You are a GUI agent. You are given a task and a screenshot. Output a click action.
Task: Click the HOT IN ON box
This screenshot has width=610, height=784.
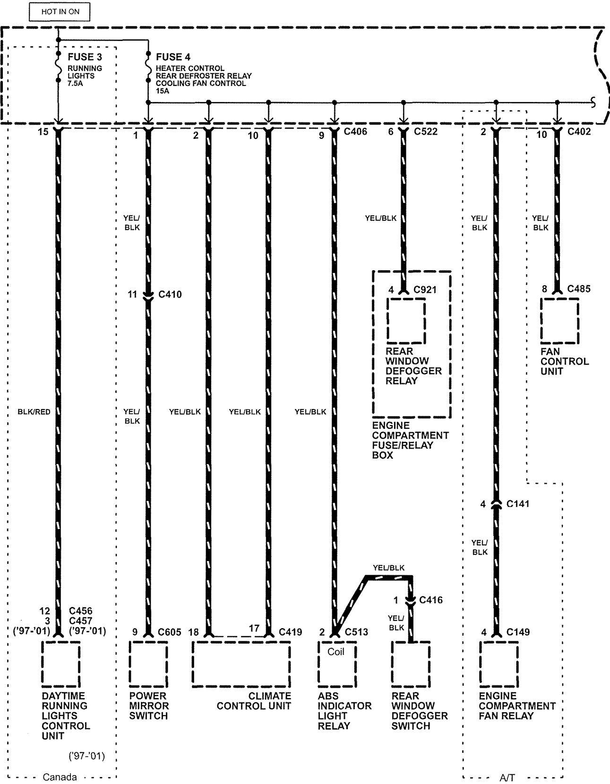(x=60, y=11)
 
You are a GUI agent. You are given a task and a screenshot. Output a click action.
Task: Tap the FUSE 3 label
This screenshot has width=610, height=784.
(x=85, y=57)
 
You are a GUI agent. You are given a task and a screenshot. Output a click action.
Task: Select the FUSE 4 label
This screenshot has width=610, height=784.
(x=173, y=57)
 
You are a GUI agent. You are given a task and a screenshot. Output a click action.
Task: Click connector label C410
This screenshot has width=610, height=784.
(x=170, y=294)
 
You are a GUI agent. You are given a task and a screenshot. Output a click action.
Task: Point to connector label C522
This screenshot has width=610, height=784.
(x=426, y=131)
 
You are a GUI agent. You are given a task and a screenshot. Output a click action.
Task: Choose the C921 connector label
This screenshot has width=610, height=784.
(x=425, y=290)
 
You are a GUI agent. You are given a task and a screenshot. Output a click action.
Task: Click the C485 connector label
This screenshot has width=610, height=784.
(x=579, y=289)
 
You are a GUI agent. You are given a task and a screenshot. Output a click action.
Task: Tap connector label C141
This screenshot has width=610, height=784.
(x=518, y=503)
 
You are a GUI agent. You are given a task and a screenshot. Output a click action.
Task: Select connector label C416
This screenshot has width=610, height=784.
(x=430, y=600)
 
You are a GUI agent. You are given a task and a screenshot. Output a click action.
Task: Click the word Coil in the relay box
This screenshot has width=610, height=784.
(x=335, y=652)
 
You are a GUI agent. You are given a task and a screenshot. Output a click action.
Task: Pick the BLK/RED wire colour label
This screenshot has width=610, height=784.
(x=34, y=412)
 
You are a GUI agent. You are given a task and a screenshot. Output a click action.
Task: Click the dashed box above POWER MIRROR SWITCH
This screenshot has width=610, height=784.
(x=148, y=664)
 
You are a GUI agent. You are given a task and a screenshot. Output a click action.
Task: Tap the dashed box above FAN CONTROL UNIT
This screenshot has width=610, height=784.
(x=560, y=321)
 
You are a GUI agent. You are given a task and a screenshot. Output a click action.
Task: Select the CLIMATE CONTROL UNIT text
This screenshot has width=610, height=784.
(x=254, y=701)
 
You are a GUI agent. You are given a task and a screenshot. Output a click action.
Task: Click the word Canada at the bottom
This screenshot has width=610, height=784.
(x=60, y=777)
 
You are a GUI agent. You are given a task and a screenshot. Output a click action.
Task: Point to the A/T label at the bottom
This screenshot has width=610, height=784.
(x=507, y=778)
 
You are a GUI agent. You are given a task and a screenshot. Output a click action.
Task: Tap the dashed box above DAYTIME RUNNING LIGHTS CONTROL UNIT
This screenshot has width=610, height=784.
(x=60, y=664)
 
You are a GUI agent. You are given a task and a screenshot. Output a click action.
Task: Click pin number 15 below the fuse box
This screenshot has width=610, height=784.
(x=43, y=132)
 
